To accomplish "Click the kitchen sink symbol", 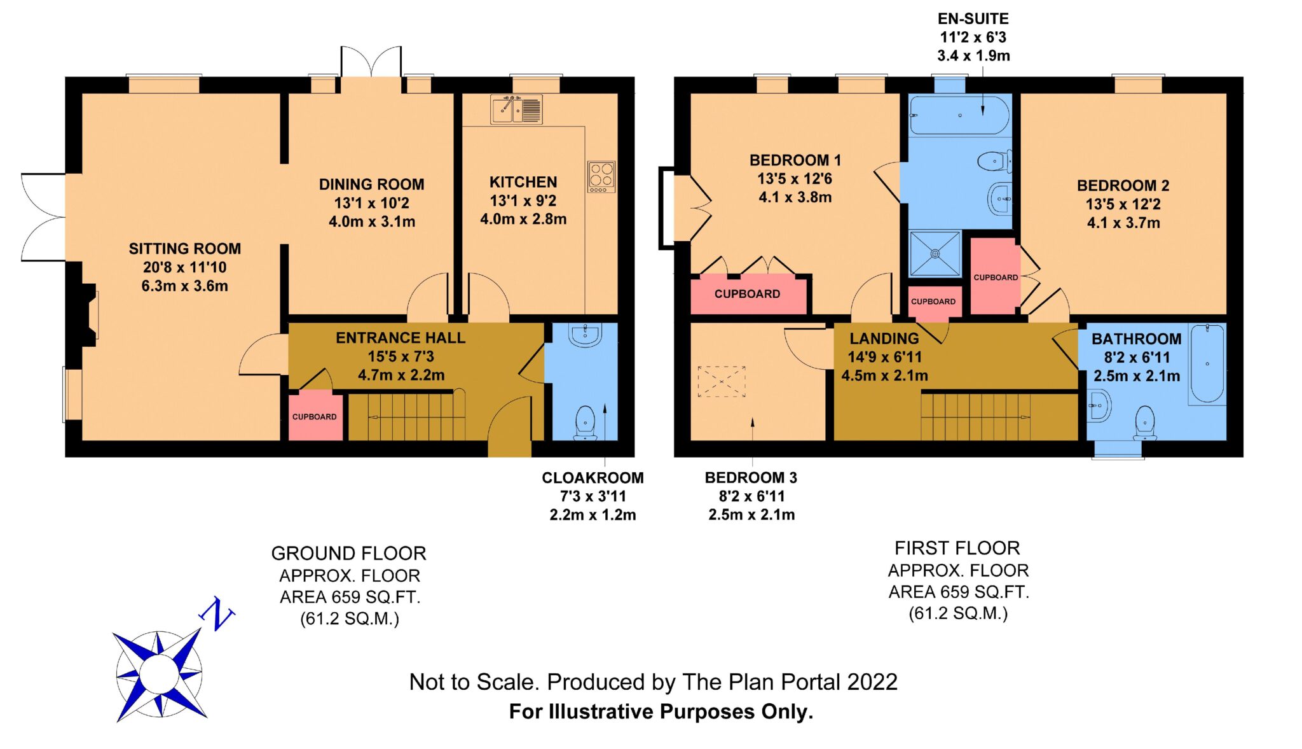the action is pyautogui.click(x=516, y=109).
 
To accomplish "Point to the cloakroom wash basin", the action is pyautogui.click(x=584, y=335).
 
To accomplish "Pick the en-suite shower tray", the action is pyautogui.click(x=935, y=253).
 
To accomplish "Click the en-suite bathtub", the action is pyautogui.click(x=959, y=115).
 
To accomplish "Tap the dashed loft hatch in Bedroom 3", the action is pyautogui.click(x=722, y=381).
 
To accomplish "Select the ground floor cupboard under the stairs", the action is pyautogui.click(x=315, y=417).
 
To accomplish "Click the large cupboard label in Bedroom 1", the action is pyautogui.click(x=747, y=294).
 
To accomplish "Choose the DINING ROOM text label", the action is pyautogui.click(x=371, y=185).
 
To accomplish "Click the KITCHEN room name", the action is pyautogui.click(x=523, y=182).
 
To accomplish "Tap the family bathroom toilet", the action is pyautogui.click(x=1144, y=423).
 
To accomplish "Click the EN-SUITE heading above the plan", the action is pyautogui.click(x=973, y=19).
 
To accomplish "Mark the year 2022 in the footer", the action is pyautogui.click(x=872, y=682).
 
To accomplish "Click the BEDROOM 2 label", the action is pyautogui.click(x=1123, y=186).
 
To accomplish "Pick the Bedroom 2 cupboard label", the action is pyautogui.click(x=996, y=277).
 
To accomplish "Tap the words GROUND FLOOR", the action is pyautogui.click(x=348, y=554).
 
